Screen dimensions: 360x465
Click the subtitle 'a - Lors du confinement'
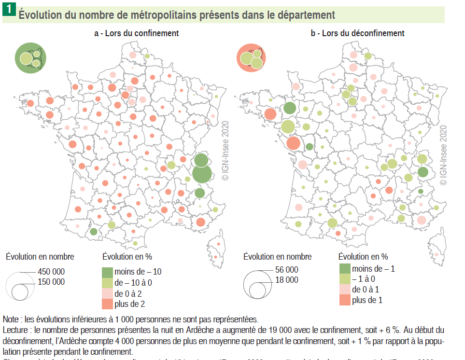click(136, 33)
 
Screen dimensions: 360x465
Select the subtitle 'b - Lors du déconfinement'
click(357, 33)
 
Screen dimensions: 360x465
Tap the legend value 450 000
click(51, 272)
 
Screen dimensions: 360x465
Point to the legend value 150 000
click(51, 282)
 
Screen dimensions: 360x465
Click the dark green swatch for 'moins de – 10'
click(107, 271)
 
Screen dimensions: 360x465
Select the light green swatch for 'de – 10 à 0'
click(107, 282)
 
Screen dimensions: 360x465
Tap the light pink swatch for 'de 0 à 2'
click(107, 293)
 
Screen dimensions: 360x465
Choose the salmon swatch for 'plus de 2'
click(107, 304)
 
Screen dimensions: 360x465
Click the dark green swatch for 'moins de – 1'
click(344, 269)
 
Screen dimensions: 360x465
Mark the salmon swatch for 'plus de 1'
click(344, 300)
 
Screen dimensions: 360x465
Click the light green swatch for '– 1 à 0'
click(344, 279)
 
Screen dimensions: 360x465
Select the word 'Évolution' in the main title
click(42, 15)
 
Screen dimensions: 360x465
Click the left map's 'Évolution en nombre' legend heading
click(40, 257)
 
